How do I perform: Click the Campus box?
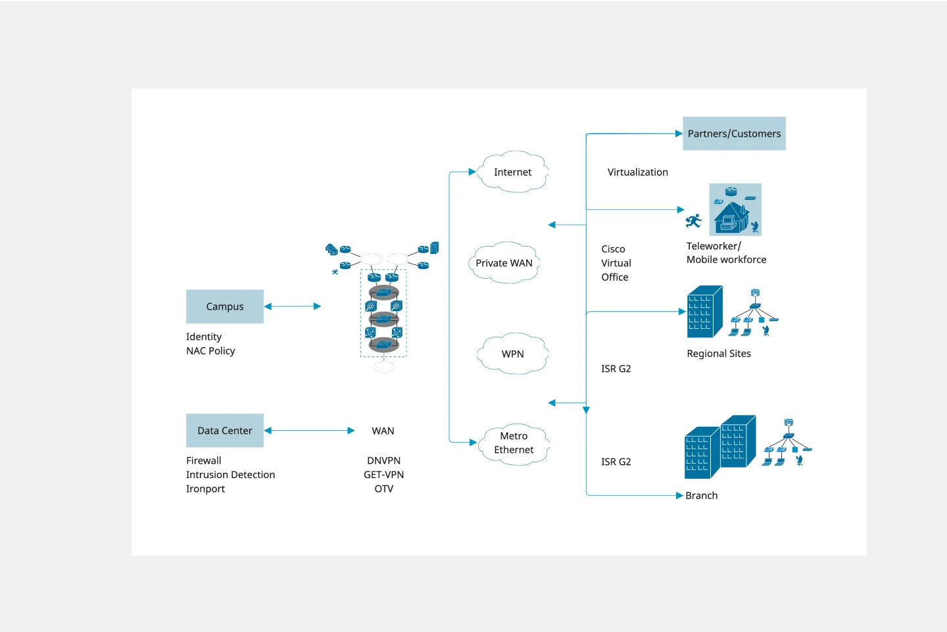[x=225, y=306]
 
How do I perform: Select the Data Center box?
[x=225, y=431]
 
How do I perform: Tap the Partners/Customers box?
[x=734, y=134]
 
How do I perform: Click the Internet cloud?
[x=513, y=172]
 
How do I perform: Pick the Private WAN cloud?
[x=504, y=263]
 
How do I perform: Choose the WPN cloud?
[x=513, y=354]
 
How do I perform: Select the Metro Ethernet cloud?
[x=514, y=443]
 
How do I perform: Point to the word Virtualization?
[x=637, y=172]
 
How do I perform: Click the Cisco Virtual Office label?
[x=616, y=263]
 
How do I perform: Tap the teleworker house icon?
[x=735, y=210]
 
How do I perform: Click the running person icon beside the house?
[x=693, y=221]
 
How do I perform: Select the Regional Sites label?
[x=719, y=354]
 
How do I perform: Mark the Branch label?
[x=701, y=496]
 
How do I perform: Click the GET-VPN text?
[x=383, y=475]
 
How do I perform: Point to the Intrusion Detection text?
[x=230, y=475]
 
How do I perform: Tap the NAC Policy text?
[x=210, y=351]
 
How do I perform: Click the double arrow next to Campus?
[x=293, y=306]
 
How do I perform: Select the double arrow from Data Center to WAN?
[x=309, y=431]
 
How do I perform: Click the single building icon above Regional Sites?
[x=704, y=312]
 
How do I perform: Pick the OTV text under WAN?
[x=383, y=489]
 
